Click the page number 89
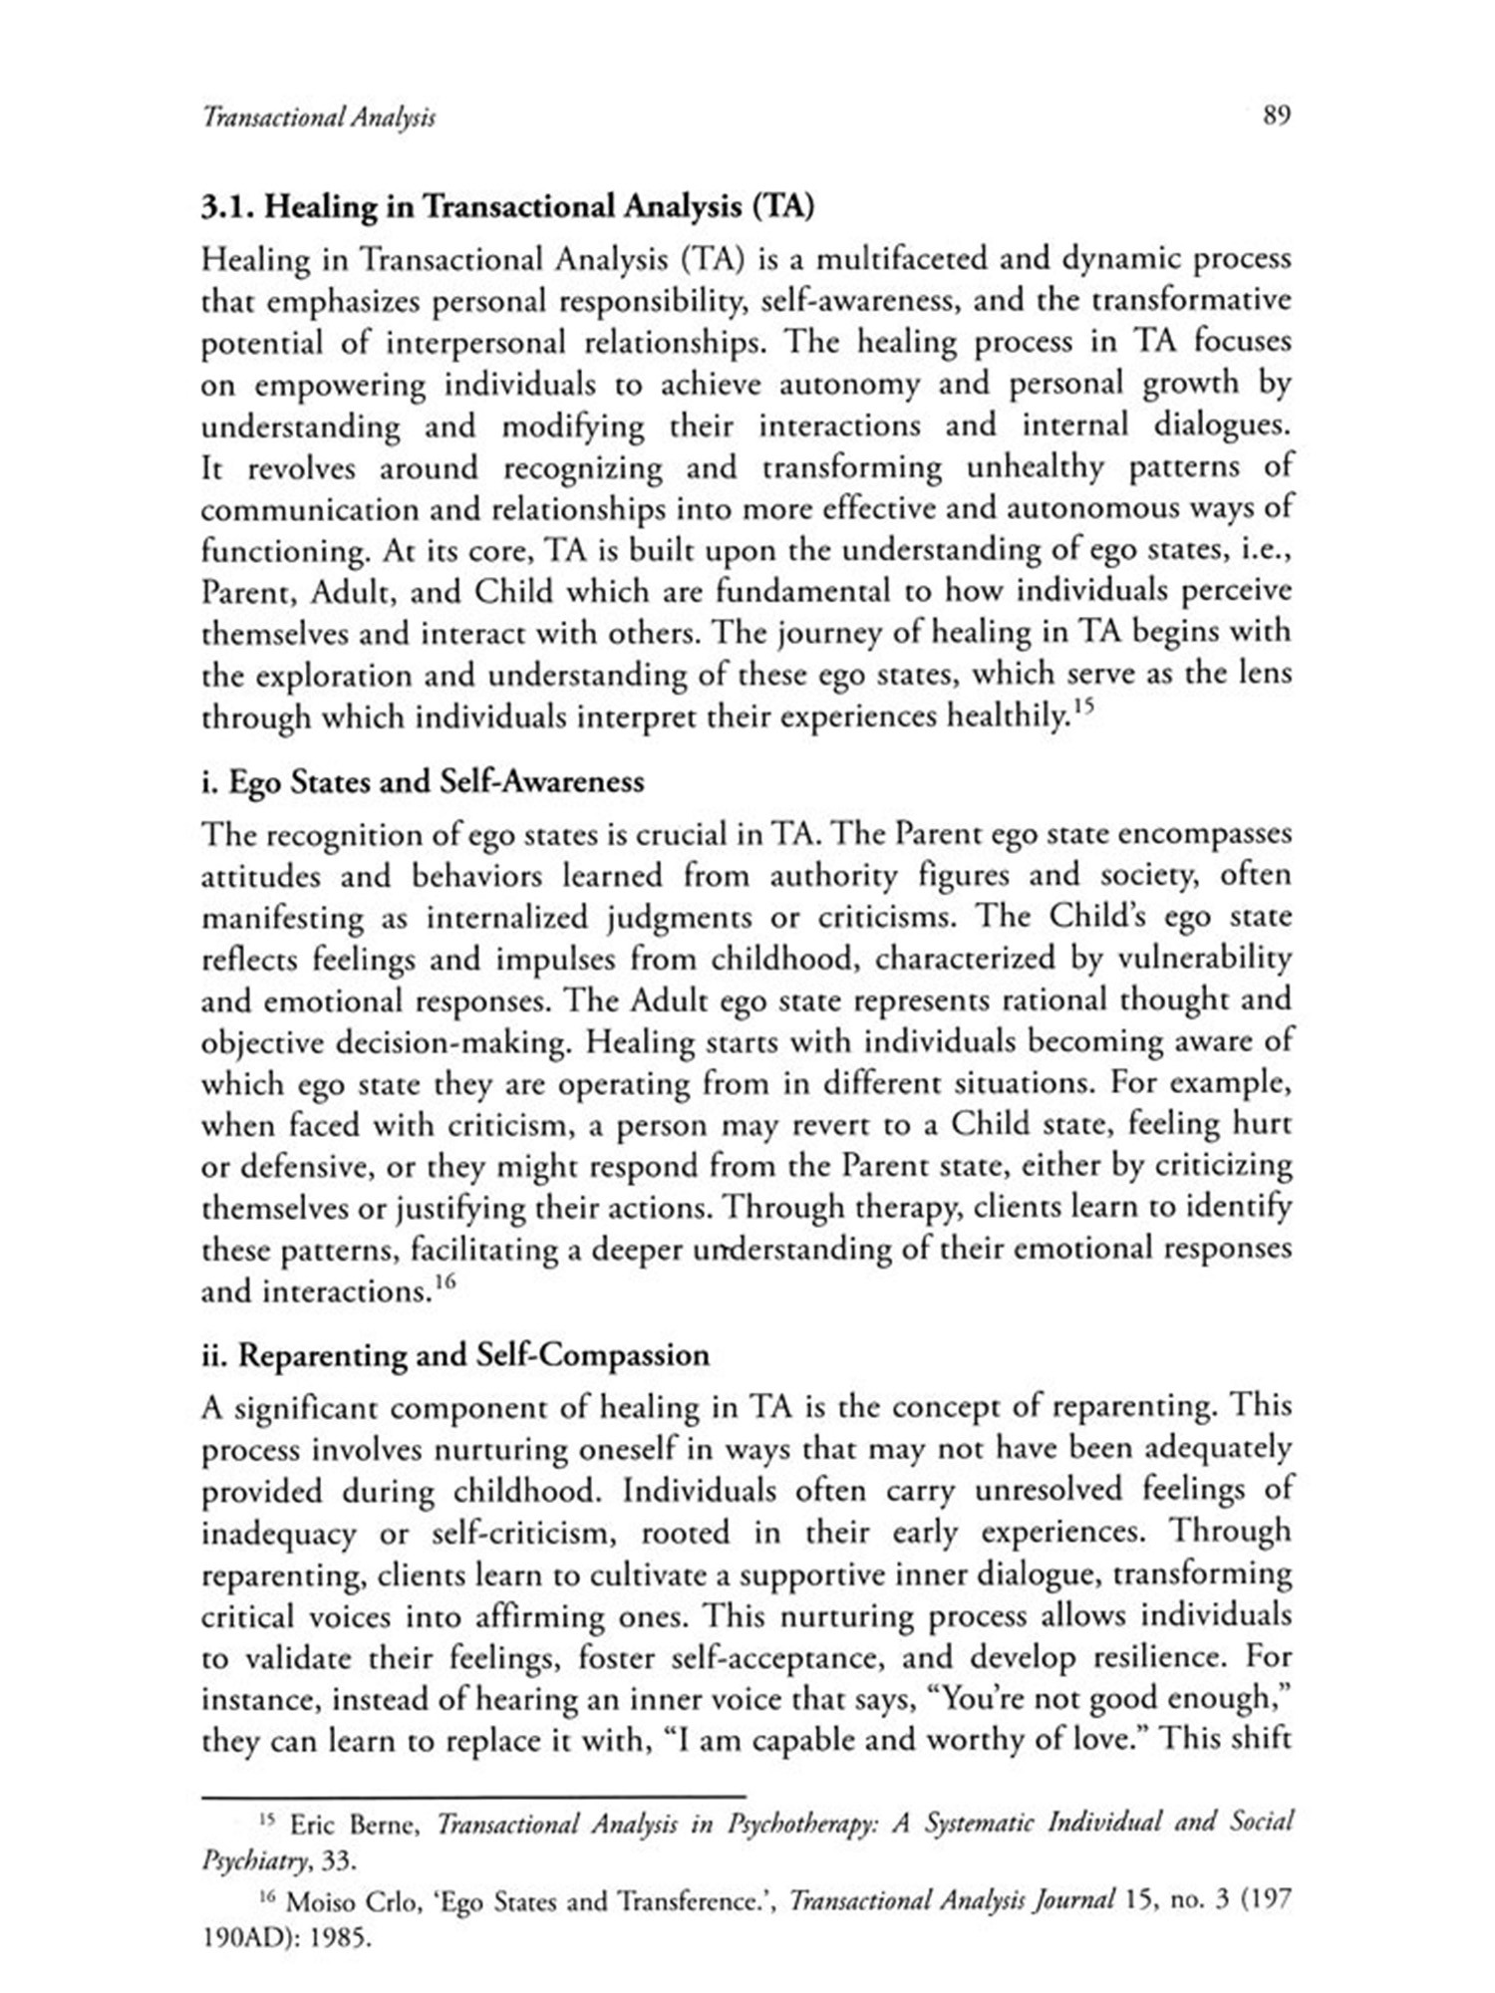point(1277,116)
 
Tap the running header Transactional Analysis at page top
point(319,118)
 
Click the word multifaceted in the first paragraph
point(900,259)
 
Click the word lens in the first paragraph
point(1264,674)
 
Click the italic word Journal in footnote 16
point(1067,1900)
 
